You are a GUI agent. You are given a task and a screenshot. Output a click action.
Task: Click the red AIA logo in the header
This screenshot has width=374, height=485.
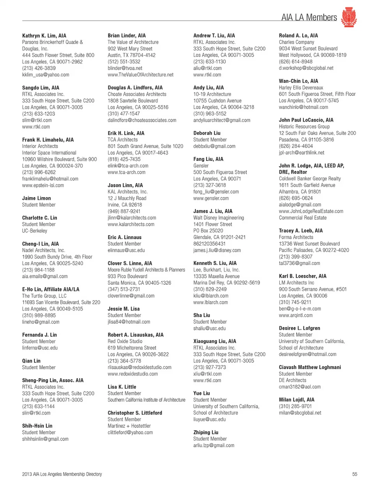[x=349, y=17]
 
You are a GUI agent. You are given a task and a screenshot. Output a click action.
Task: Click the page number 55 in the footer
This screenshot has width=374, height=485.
[x=355, y=474]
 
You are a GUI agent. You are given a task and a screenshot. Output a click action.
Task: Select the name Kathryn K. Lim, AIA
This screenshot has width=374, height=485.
[x=44, y=35]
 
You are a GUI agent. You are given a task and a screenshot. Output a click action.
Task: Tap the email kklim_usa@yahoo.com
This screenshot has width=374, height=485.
[x=46, y=75]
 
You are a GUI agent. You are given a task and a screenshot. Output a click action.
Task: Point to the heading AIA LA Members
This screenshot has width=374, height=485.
[x=309, y=18]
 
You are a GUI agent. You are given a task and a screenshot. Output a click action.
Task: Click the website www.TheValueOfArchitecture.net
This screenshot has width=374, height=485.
[x=141, y=75]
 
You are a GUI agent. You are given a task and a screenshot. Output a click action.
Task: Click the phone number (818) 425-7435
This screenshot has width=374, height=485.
[x=124, y=159]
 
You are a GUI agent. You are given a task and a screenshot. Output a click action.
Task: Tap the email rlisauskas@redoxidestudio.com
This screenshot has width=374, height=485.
[x=139, y=367]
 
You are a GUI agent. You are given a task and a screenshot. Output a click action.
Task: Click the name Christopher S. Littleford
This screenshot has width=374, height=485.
[x=135, y=413]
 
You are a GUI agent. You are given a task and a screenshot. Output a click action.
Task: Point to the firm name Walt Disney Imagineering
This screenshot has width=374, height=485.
[x=219, y=218]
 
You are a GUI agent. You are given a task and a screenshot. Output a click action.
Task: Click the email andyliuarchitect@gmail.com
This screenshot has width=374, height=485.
[x=222, y=120]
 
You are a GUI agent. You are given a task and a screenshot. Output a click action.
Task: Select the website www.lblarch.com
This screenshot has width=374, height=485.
[x=210, y=302]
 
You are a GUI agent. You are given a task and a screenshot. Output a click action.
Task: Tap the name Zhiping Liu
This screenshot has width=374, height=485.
[x=206, y=432]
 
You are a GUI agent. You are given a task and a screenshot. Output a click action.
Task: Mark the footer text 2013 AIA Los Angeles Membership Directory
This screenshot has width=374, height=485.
[x=62, y=474]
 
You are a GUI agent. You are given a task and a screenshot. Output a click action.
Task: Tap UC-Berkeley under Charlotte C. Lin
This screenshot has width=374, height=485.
[x=35, y=231]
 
